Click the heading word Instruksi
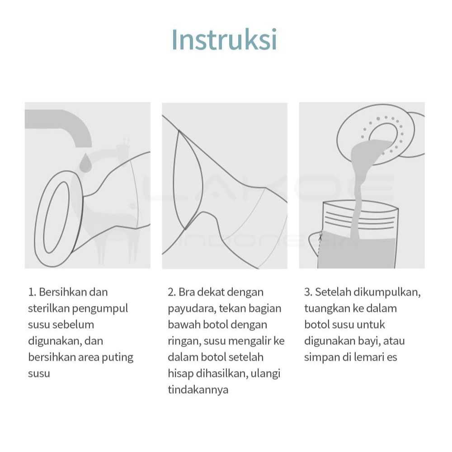(224, 40)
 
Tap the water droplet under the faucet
(85, 163)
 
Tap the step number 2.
(171, 292)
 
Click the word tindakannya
(198, 390)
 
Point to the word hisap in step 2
(180, 374)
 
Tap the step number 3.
(308, 292)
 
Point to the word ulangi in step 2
(265, 374)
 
